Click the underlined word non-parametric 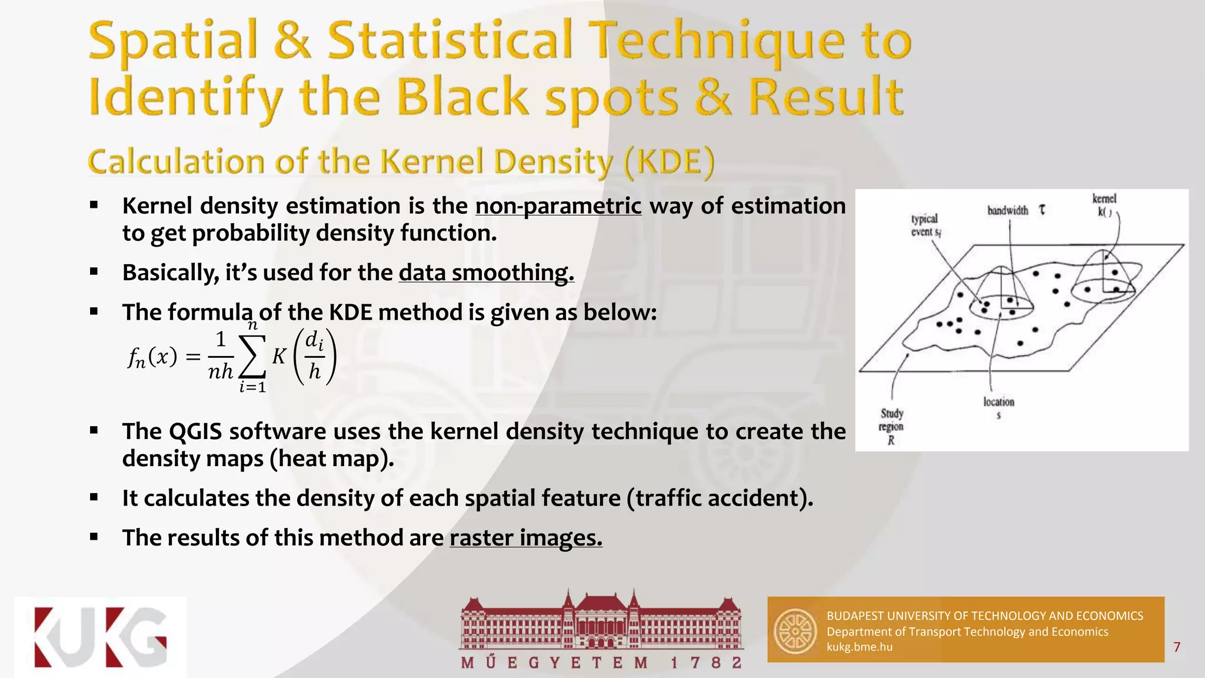[558, 206]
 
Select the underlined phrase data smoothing [486, 273]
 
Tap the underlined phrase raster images [525, 538]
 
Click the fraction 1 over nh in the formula [221, 355]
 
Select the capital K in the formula [279, 356]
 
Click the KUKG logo [101, 637]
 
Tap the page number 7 [1176, 647]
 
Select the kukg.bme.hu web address [859, 647]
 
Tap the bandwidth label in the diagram [1008, 211]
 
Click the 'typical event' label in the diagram [926, 225]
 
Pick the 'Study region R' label [891, 426]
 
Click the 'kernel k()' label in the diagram [1104, 205]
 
